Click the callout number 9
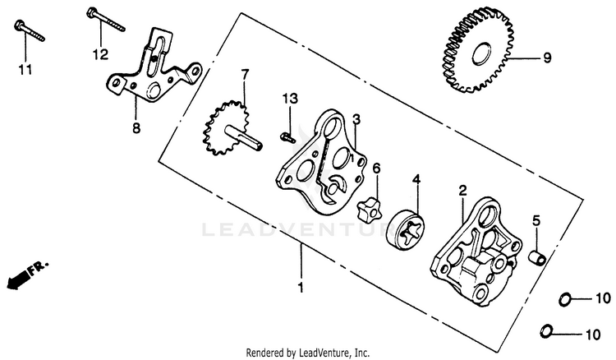[x=547, y=58]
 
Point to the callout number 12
[x=100, y=55]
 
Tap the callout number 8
[x=136, y=128]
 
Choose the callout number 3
[x=356, y=120]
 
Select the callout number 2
[x=462, y=191]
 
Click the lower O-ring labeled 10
[x=546, y=331]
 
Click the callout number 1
[x=301, y=288]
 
